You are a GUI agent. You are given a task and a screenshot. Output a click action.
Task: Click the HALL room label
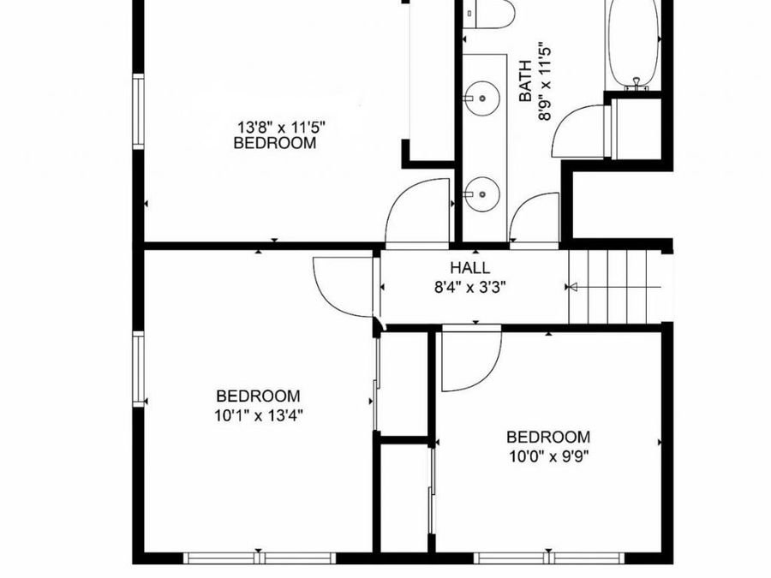pos(470,268)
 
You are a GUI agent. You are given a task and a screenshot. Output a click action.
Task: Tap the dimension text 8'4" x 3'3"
pos(470,287)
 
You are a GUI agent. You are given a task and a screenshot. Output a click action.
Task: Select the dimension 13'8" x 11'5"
pos(281,126)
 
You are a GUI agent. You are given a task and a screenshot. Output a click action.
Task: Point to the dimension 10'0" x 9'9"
pos(548,455)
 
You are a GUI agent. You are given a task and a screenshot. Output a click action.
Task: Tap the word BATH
pos(526,80)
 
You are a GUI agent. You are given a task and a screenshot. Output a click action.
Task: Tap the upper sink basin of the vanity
pos(483,97)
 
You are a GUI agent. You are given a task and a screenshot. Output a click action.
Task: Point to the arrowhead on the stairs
pos(574,286)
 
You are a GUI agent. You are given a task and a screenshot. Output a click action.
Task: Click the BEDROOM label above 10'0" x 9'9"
pos(548,437)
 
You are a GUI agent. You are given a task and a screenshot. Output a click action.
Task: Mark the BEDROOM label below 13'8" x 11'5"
pos(275,143)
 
